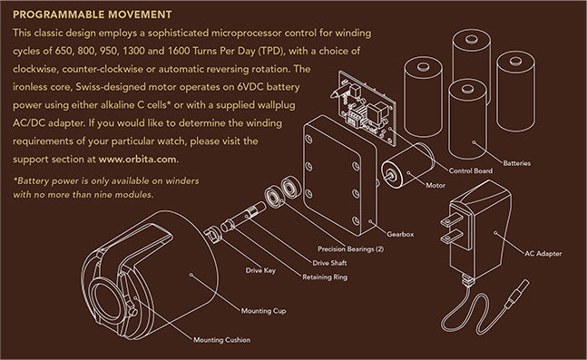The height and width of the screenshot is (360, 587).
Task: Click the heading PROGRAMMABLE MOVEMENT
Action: click(93, 15)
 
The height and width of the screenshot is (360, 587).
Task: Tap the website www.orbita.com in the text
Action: click(137, 159)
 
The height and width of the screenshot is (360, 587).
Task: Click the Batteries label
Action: click(516, 163)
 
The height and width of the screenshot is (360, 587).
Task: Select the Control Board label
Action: click(471, 170)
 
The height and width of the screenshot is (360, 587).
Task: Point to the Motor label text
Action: click(435, 185)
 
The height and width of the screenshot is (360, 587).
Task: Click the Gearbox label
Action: click(400, 234)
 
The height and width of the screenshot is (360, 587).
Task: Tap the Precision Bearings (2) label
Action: click(350, 248)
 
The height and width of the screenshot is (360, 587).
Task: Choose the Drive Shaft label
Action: click(329, 263)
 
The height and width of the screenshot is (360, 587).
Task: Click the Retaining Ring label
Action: click(325, 277)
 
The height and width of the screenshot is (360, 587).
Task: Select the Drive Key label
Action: click(260, 270)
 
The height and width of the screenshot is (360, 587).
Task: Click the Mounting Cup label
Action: click(263, 311)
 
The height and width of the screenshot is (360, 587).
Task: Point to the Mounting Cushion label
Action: click(221, 340)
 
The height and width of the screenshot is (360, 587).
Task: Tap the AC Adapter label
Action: click(543, 254)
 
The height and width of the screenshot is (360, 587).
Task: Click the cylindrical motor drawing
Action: click(407, 165)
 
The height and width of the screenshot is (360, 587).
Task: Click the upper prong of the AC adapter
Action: click(453, 219)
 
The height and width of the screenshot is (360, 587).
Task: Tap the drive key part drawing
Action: click(212, 235)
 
